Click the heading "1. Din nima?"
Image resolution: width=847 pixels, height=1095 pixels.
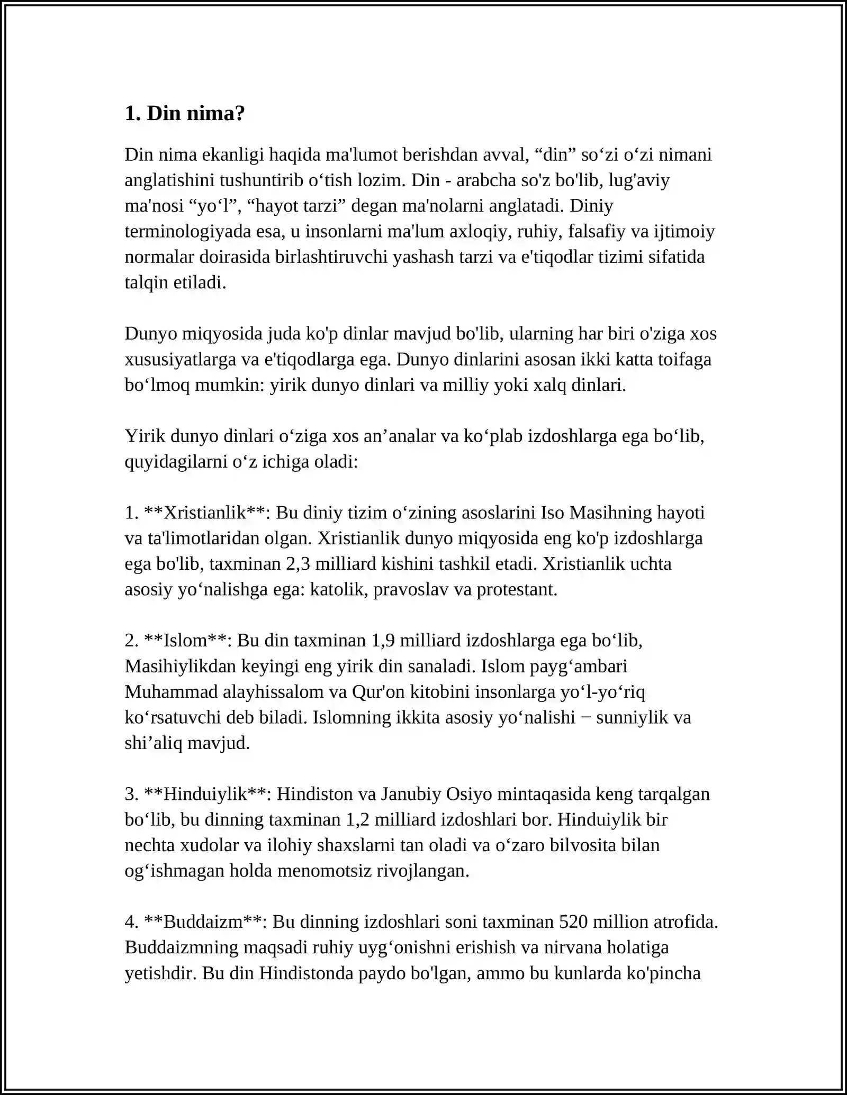185,114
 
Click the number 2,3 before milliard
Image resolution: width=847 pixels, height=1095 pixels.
298,564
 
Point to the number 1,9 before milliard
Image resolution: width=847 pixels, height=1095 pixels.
383,641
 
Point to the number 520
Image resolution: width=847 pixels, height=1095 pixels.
573,922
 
